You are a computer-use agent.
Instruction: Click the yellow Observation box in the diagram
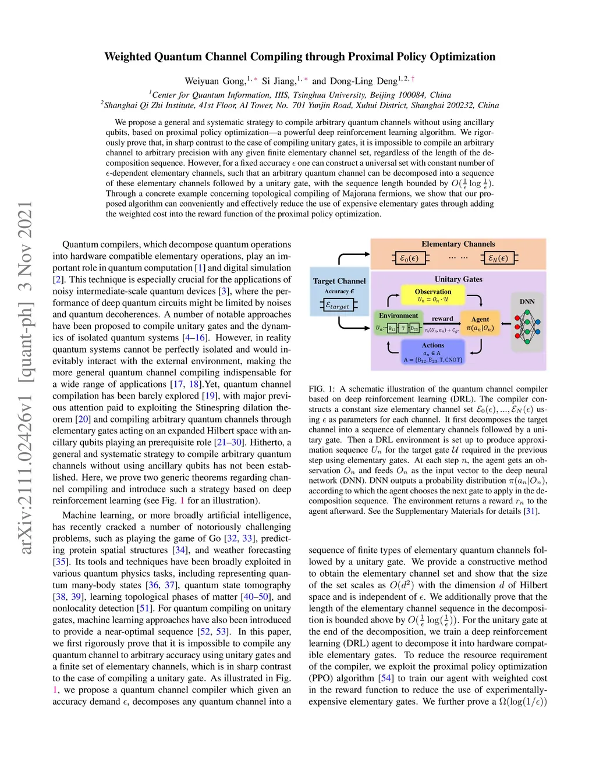pos(432,295)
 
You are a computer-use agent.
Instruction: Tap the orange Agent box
pos(480,324)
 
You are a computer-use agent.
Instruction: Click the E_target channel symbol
pos(338,305)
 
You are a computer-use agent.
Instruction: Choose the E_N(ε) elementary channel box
pos(498,258)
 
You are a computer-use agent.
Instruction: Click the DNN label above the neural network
pos(527,301)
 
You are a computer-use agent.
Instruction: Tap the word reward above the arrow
pos(442,318)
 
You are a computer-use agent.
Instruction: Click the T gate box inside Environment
pos(403,329)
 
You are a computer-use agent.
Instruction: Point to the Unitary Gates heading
pos(458,279)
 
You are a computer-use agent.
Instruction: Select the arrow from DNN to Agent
pos(505,324)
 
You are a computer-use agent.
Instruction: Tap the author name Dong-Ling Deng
pos(363,81)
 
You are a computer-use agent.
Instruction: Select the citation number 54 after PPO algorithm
pos(385,678)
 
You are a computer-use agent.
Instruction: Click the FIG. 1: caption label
pos(322,389)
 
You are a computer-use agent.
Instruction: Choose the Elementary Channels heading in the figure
pos(458,244)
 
